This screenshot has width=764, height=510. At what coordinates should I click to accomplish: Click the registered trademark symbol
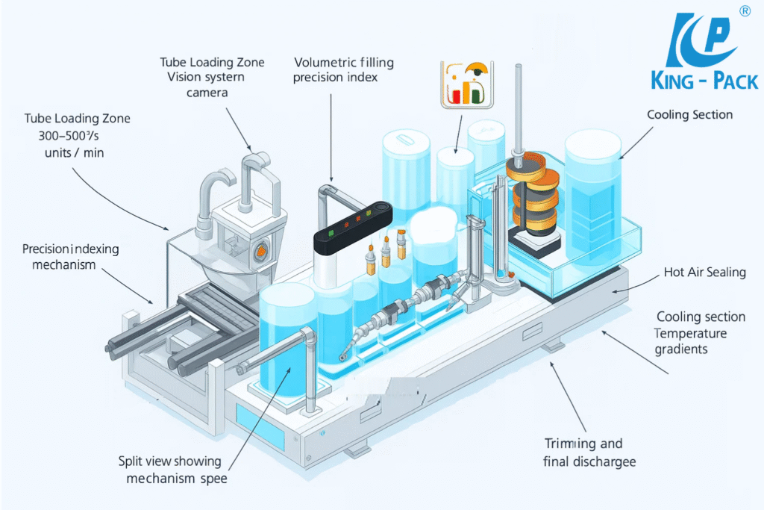coord(744,10)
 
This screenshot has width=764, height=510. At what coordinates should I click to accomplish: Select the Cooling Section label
coord(689,115)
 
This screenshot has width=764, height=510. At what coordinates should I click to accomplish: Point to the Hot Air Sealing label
coord(704,273)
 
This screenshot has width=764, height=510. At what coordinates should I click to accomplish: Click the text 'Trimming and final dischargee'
coord(589,453)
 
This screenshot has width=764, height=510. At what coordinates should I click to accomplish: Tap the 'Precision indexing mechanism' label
coord(70,256)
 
